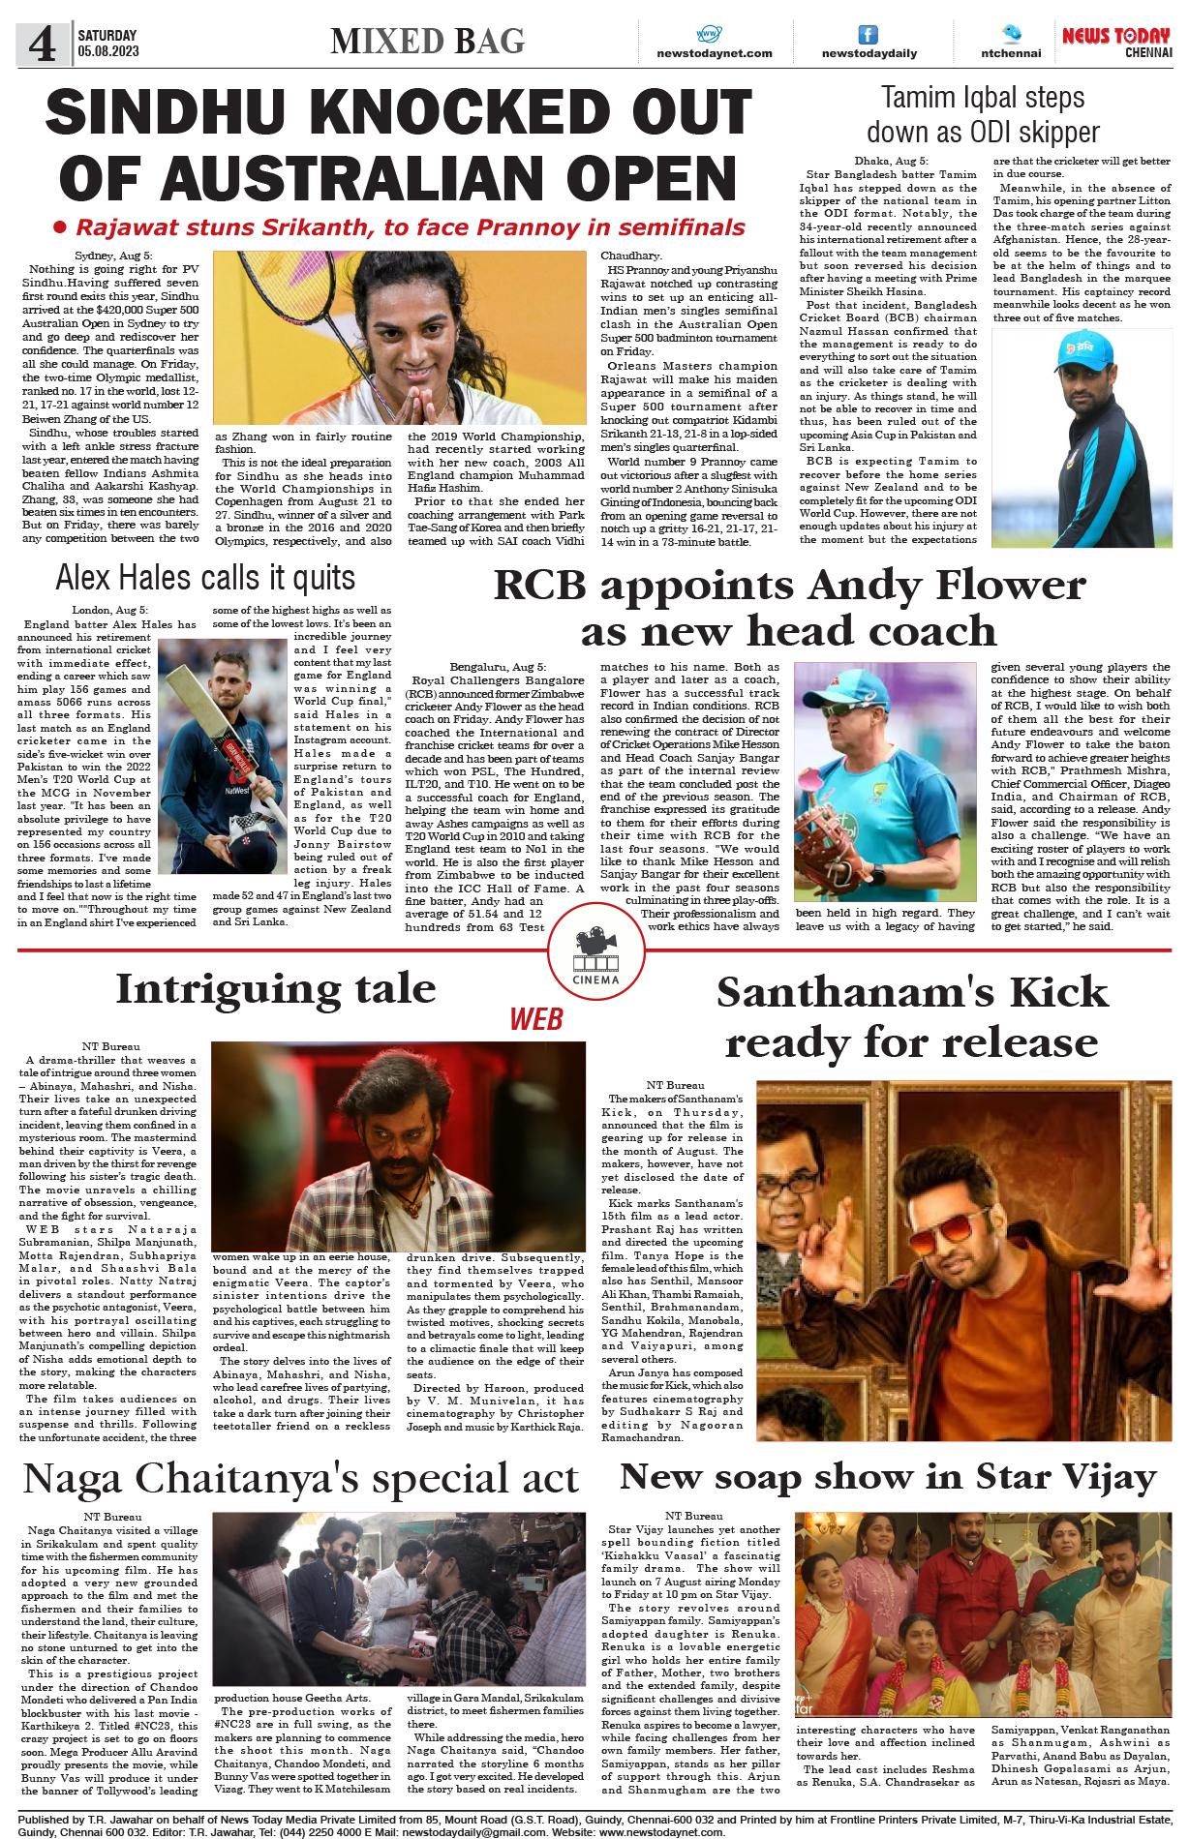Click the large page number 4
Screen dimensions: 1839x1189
click(41, 45)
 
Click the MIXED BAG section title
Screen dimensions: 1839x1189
click(427, 42)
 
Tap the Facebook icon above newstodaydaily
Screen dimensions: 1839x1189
click(869, 35)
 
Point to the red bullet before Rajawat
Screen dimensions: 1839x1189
click(60, 227)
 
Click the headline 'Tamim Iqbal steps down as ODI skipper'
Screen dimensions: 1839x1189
click(983, 114)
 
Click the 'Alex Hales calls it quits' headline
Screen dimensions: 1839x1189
click(205, 578)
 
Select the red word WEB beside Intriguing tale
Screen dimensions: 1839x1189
click(536, 1019)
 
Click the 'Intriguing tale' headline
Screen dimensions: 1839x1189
click(276, 988)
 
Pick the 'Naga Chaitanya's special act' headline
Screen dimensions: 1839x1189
click(300, 1479)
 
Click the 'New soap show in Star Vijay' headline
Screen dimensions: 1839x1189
click(888, 1477)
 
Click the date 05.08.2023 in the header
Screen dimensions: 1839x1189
click(108, 51)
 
